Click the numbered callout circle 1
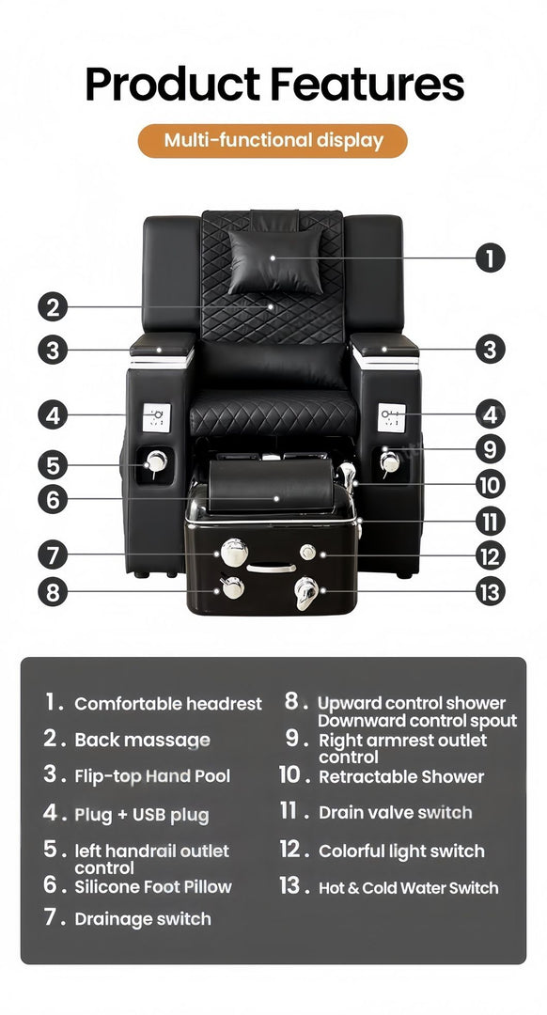(x=490, y=258)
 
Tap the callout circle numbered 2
(x=54, y=306)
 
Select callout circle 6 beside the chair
(x=54, y=499)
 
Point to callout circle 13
(x=490, y=590)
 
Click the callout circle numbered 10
(x=490, y=485)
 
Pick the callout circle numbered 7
(x=54, y=554)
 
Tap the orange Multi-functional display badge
(x=273, y=141)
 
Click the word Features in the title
(x=367, y=84)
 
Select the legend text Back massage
(x=142, y=740)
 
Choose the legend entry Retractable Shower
(x=401, y=776)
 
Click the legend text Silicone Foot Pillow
(x=153, y=886)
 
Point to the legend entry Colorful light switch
(x=401, y=851)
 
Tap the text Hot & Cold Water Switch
(x=408, y=887)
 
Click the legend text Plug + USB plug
(x=142, y=814)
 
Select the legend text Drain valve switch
(x=395, y=812)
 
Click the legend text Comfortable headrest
(x=168, y=704)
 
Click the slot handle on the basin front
(x=272, y=569)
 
